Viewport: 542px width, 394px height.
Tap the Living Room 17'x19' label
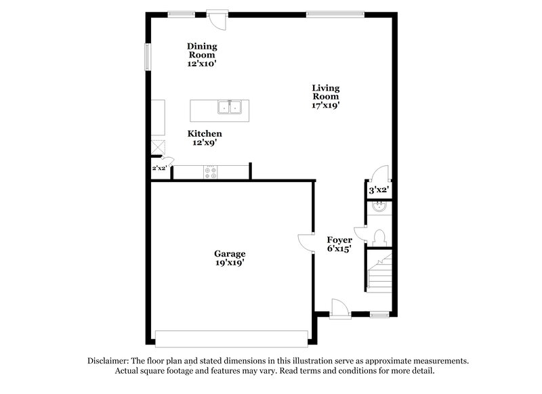pos(325,96)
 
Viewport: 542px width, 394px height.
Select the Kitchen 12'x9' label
pos(205,138)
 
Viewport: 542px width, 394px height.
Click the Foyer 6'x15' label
pos(339,244)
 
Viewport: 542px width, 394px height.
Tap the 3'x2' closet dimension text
pos(378,190)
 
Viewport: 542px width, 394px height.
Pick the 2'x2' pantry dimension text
pos(159,168)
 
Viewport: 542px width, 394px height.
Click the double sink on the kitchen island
pos(230,107)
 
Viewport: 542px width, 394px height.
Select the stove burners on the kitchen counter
pos(210,172)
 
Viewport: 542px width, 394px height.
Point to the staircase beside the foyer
pos(380,271)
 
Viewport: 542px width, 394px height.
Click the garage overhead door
pos(232,336)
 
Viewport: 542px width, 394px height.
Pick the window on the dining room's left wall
pos(148,56)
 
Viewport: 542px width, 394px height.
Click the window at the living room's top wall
pos(335,12)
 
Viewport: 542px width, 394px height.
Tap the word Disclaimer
pos(109,362)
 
